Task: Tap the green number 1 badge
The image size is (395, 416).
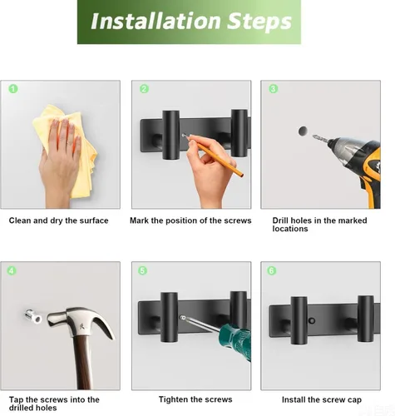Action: (13, 88)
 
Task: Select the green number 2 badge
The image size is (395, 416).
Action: (144, 88)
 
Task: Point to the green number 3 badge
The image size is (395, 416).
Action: (273, 88)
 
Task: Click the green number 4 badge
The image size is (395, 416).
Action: (13, 270)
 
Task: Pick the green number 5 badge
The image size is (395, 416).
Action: (144, 270)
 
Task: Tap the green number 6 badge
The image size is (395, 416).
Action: (273, 270)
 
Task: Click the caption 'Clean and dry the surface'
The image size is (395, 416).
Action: (58, 220)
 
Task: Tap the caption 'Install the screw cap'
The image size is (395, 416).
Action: (320, 399)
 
